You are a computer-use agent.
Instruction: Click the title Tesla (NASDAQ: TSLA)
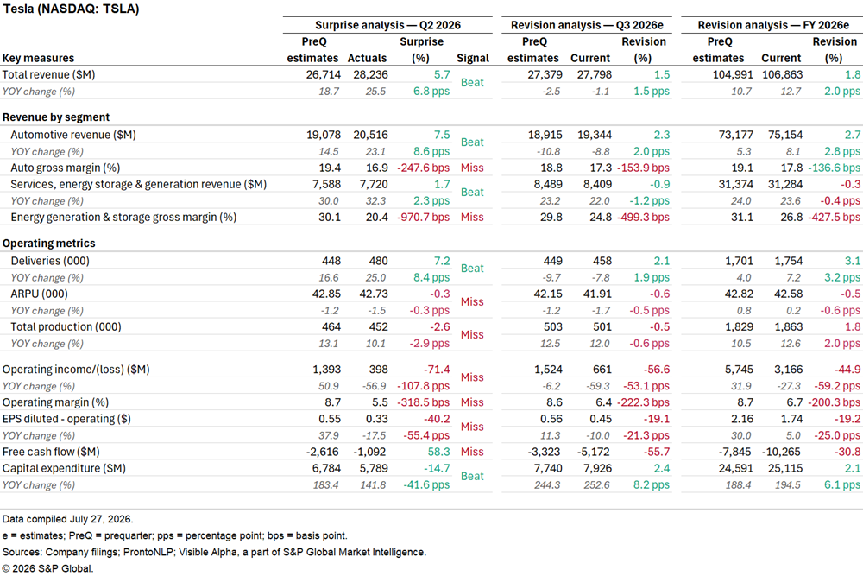tap(71, 9)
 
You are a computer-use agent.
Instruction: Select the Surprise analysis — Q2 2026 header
tap(387, 25)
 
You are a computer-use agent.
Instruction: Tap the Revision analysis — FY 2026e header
tap(773, 25)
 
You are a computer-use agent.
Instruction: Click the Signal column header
tap(473, 58)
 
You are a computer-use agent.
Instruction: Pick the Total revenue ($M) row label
tap(48, 75)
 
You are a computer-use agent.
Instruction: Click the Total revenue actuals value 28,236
tap(370, 75)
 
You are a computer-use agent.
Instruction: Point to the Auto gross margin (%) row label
tap(65, 168)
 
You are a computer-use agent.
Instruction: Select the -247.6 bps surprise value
tap(423, 168)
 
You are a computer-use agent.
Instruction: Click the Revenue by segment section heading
tap(56, 117)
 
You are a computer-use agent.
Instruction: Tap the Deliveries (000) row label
tap(50, 261)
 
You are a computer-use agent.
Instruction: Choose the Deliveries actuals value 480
tap(378, 261)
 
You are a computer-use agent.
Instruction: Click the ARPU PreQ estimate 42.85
tap(326, 294)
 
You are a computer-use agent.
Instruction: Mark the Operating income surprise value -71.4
tap(437, 370)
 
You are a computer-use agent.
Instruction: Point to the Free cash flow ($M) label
tap(51, 453)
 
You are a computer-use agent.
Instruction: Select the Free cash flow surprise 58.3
tap(438, 453)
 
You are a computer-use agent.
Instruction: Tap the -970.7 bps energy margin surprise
tap(423, 218)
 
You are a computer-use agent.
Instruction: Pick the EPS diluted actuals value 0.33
tap(377, 419)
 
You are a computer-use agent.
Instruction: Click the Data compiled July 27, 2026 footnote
tap(67, 519)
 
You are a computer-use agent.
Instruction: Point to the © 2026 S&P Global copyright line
tap(47, 568)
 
